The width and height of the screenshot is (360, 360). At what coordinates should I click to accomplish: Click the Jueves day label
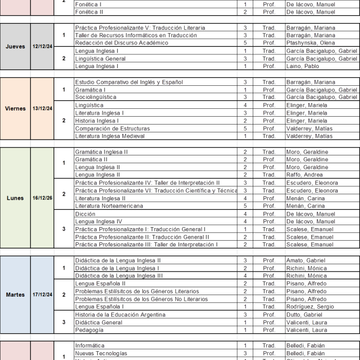click(15, 47)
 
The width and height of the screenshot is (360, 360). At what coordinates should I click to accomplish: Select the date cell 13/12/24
click(42, 108)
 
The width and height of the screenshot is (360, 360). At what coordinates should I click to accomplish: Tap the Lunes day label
click(15, 198)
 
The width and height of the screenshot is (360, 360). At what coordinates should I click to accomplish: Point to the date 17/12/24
click(42, 295)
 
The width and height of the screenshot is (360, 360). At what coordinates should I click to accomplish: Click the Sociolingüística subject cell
click(96, 97)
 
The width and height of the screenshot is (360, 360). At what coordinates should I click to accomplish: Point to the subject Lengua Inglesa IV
click(98, 221)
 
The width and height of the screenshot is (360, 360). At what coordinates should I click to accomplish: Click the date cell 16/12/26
click(42, 198)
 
